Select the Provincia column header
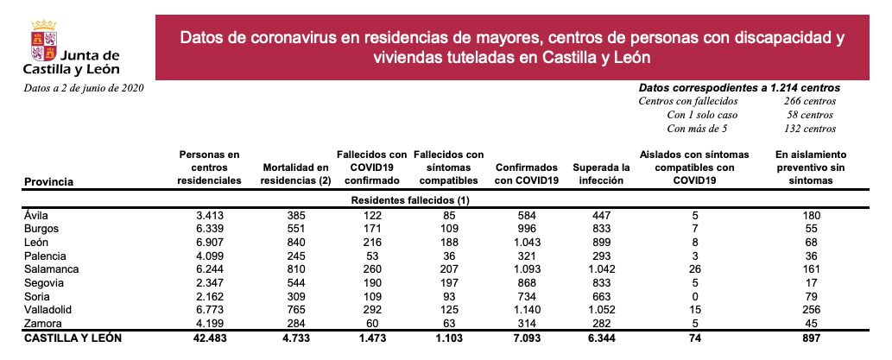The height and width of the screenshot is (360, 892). (x=48, y=181)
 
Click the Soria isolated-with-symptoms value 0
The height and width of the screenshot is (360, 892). (x=694, y=296)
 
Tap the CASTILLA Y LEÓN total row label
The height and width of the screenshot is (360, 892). (x=73, y=338)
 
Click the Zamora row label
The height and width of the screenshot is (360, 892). (x=46, y=323)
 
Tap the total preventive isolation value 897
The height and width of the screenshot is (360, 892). (x=810, y=338)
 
